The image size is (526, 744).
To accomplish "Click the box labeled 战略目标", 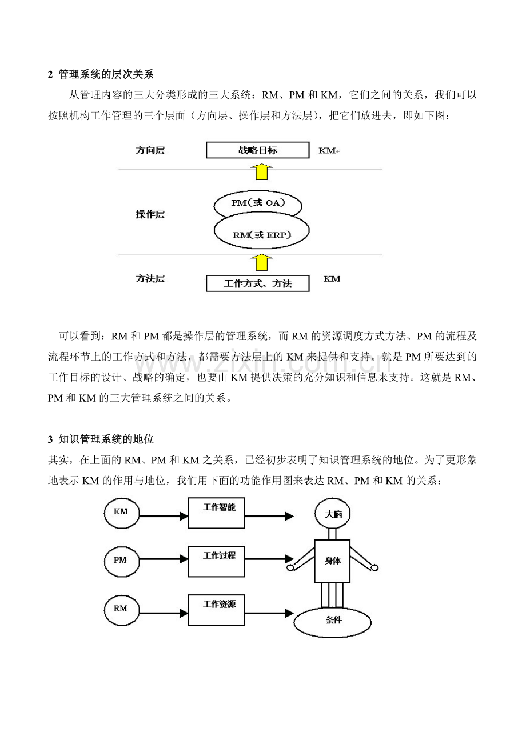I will point(257,150).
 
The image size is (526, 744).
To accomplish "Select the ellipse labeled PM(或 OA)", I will point(257,204).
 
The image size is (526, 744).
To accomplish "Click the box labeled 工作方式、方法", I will point(257,283).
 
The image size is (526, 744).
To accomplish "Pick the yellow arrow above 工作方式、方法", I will point(261,262).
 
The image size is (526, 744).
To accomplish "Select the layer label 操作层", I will point(150,214).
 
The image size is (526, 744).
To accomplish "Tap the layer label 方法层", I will point(150,279).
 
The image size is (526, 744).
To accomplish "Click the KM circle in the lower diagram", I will point(121,512).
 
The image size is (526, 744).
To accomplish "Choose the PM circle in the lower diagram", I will point(121,561).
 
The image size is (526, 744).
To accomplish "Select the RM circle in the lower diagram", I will point(121,609).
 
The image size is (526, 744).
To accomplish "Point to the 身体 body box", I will point(332,561).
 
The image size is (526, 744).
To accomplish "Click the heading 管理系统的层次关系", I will point(106,74).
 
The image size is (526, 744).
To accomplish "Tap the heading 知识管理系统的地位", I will point(106,439).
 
